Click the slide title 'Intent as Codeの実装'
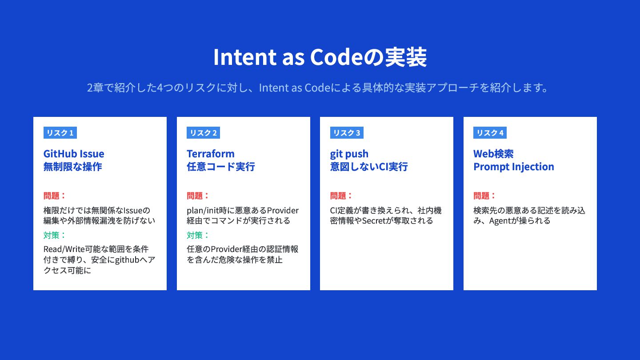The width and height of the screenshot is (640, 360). pos(320,57)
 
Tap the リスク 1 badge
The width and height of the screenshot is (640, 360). pos(60,132)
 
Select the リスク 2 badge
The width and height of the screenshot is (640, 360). pos(203,132)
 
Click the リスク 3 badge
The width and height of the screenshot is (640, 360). pos(347,132)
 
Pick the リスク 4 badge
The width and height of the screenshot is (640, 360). pos(490,132)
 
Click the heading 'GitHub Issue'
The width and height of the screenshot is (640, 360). pos(74,154)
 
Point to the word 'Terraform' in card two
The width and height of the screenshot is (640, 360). pos(211,154)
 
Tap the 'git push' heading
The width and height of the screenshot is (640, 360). pos(349,154)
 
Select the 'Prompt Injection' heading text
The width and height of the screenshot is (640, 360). pos(514,167)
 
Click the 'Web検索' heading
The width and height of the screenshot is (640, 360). pos(493,154)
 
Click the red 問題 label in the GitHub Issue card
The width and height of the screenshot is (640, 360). pos(52,196)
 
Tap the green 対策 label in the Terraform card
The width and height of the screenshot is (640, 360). pos(195,235)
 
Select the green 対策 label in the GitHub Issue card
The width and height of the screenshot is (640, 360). pos(52,235)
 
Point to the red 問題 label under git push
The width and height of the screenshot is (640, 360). pos(338,196)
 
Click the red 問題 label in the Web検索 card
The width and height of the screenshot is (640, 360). pos(481,196)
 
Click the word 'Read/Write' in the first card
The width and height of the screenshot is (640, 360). pos(64,249)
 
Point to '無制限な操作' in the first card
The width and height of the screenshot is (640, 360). pos(72,167)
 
